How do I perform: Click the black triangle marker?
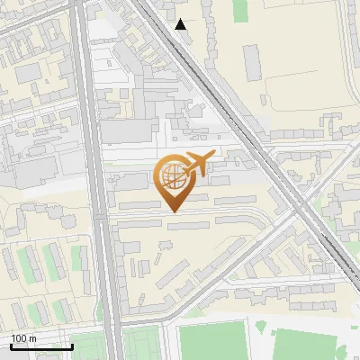point(181,24)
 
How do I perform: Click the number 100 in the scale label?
point(19,338)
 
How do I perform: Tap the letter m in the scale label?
point(33,338)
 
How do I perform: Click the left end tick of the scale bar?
point(10,346)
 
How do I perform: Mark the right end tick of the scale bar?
point(72,346)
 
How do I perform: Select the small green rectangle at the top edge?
point(240,10)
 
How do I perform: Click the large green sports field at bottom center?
point(212,341)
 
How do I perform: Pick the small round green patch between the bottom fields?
point(261,327)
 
